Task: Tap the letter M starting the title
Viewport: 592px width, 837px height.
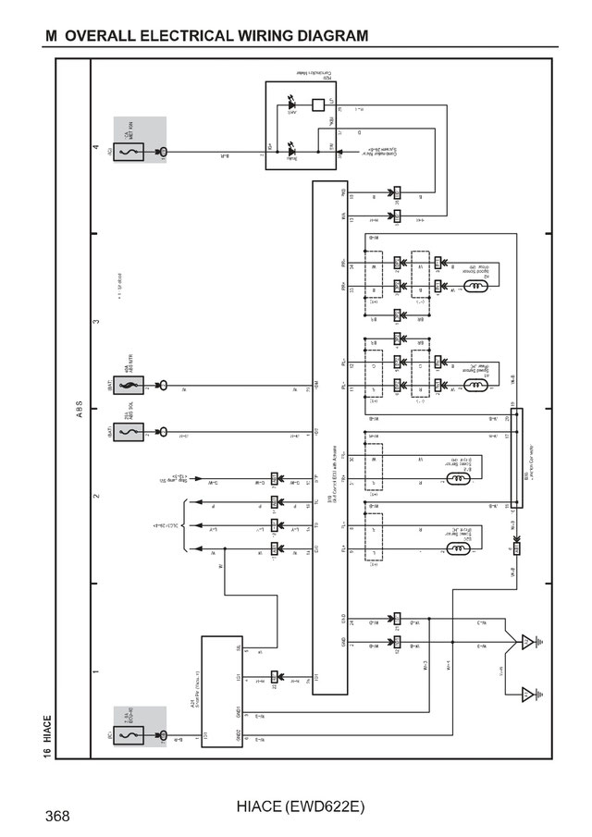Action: tap(52, 35)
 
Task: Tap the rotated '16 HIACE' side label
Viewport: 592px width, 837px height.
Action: tap(47, 736)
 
